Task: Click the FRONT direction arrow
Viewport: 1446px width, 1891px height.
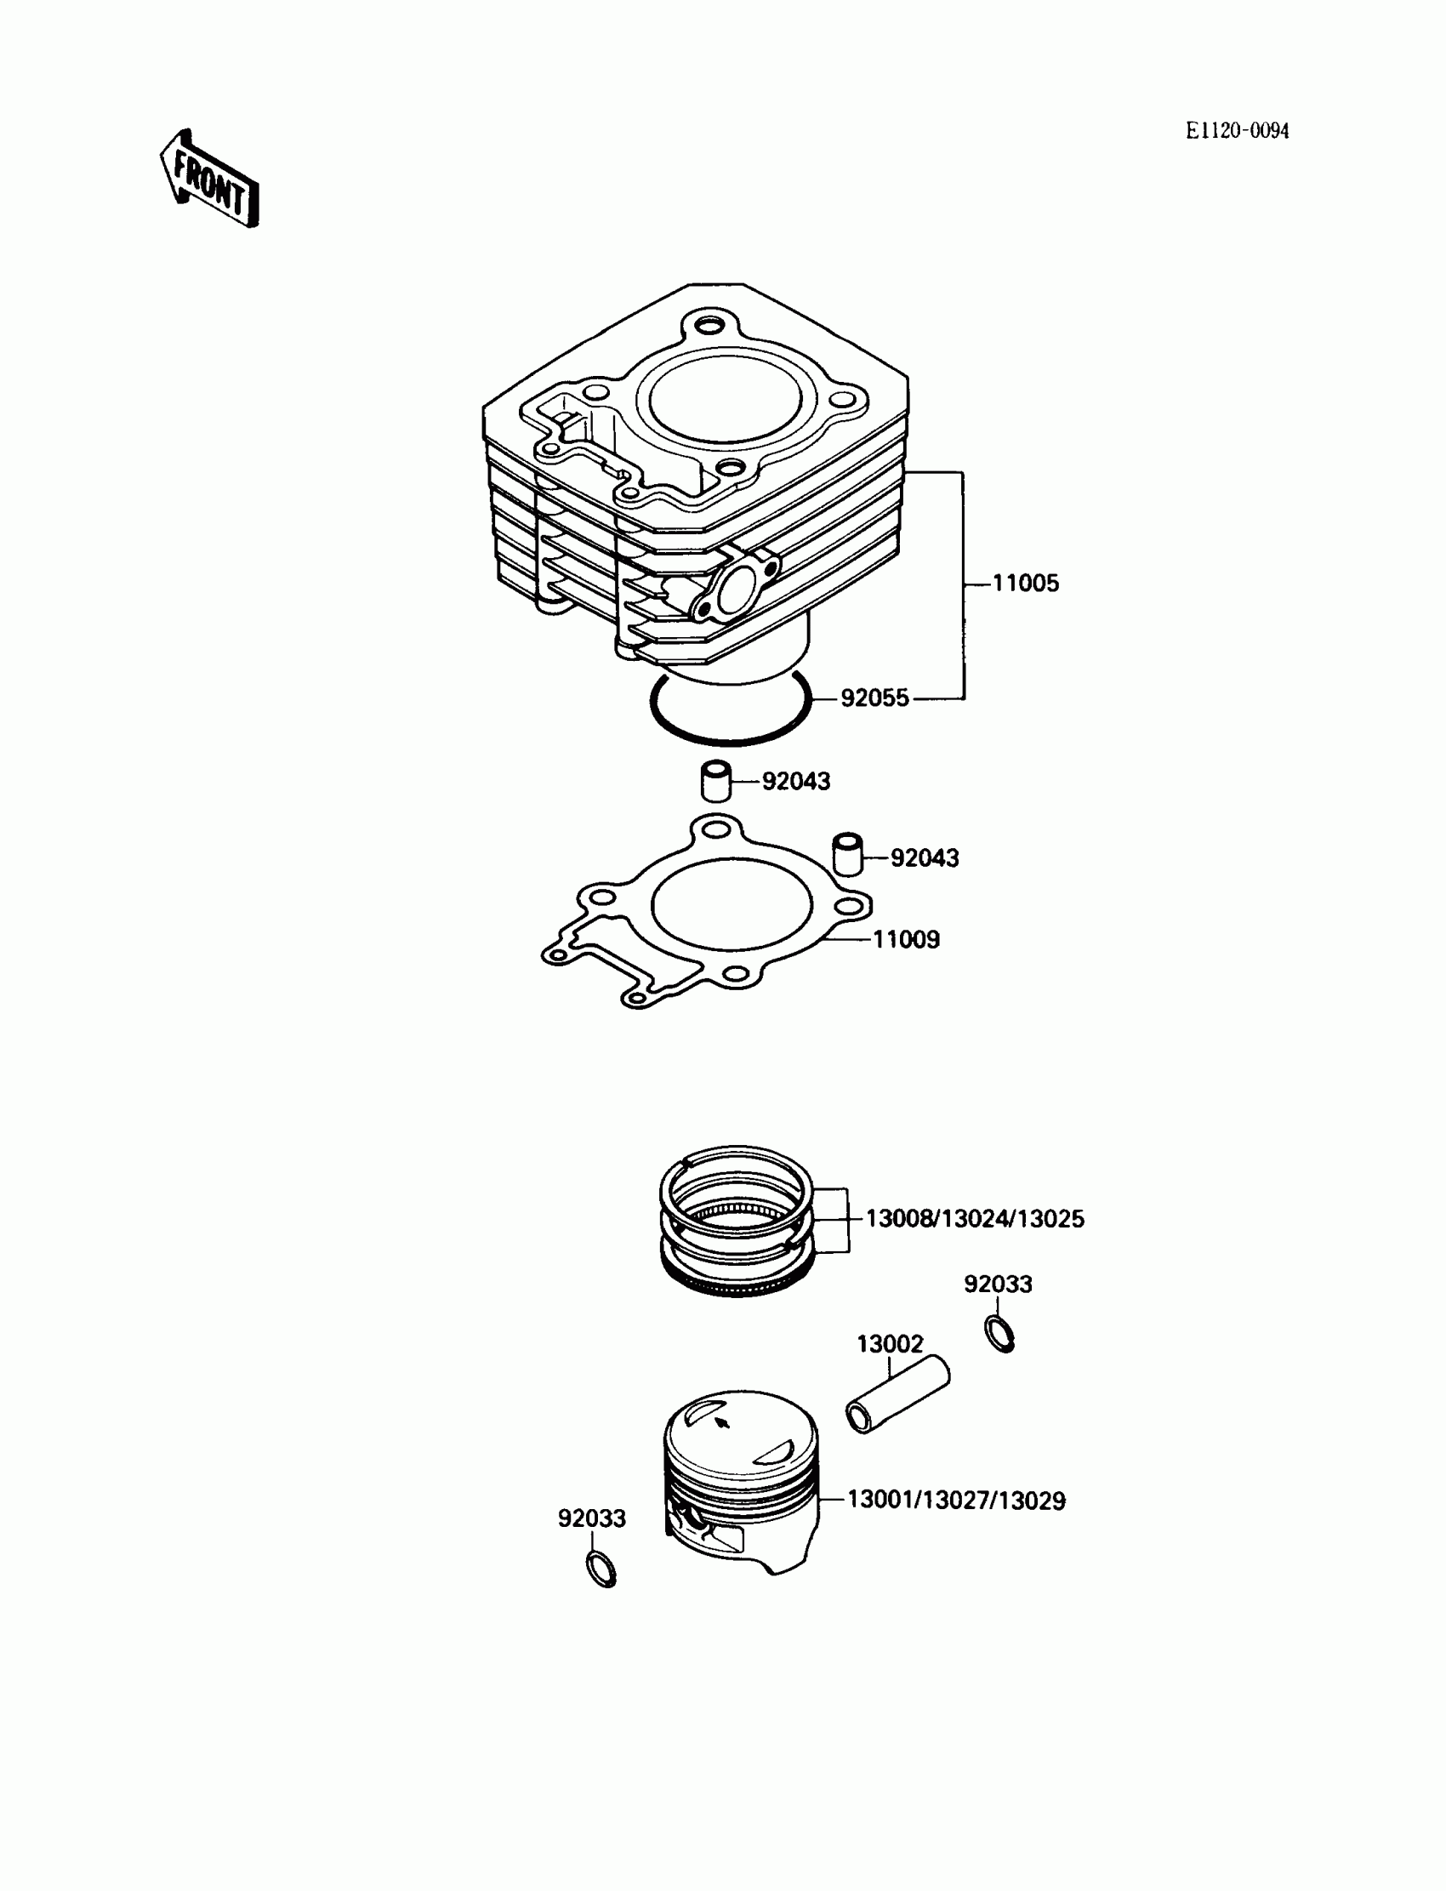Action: [210, 179]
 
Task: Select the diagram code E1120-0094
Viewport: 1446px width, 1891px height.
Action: [1237, 131]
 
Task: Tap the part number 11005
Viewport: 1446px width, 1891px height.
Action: [1025, 584]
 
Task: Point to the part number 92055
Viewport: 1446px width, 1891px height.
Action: [874, 698]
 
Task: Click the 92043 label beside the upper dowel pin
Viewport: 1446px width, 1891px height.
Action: [796, 782]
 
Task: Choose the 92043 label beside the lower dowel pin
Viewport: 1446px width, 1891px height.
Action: [924, 858]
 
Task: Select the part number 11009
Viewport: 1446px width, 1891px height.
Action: [906, 939]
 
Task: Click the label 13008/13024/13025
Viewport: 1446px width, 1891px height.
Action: [974, 1219]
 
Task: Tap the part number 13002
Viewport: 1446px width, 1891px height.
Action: [889, 1343]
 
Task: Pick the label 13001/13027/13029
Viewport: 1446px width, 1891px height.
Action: [956, 1501]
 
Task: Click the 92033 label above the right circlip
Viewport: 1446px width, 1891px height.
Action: [998, 1284]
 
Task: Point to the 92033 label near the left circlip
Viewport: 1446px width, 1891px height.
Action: [591, 1518]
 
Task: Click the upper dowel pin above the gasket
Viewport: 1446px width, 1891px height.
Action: [714, 780]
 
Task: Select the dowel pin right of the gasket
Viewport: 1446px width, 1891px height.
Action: [848, 853]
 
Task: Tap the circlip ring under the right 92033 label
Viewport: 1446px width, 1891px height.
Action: [999, 1334]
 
